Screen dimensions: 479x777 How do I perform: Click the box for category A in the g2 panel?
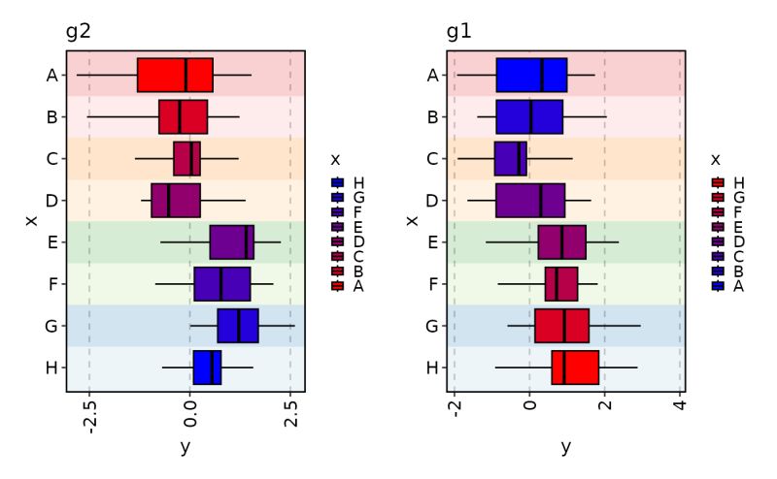175,75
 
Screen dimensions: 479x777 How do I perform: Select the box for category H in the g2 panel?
207,367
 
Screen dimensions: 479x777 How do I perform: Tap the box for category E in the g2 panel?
231,242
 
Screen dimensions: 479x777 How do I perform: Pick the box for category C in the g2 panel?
186,158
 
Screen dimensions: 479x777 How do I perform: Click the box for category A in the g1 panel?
531,75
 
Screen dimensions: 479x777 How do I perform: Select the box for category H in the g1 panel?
575,367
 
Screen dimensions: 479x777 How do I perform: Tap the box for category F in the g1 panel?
561,284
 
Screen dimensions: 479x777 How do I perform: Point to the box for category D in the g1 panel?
530,201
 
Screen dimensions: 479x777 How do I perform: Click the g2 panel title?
79,31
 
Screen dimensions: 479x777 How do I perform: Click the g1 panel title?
459,31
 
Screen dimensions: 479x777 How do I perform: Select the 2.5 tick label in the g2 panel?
289,414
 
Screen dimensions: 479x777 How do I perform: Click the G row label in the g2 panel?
51,326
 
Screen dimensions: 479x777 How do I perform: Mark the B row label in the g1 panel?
432,117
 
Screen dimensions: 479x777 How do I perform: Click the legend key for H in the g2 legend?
337,182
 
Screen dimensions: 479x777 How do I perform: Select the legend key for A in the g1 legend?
718,286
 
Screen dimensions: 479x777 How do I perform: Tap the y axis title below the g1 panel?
566,447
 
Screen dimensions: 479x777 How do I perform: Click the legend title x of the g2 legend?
334,159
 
